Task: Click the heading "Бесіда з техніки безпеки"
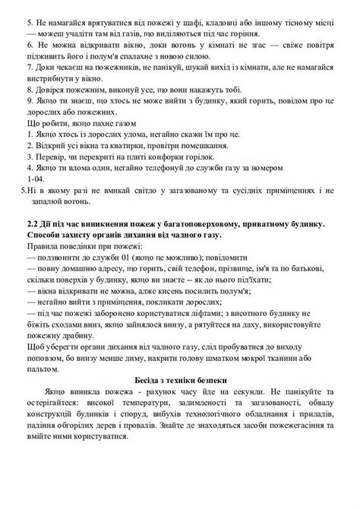tap(180, 401)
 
